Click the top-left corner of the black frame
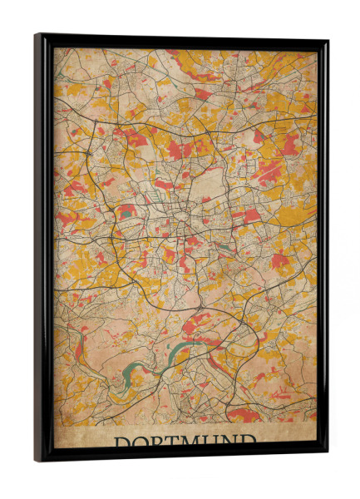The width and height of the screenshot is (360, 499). pos(37,36)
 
